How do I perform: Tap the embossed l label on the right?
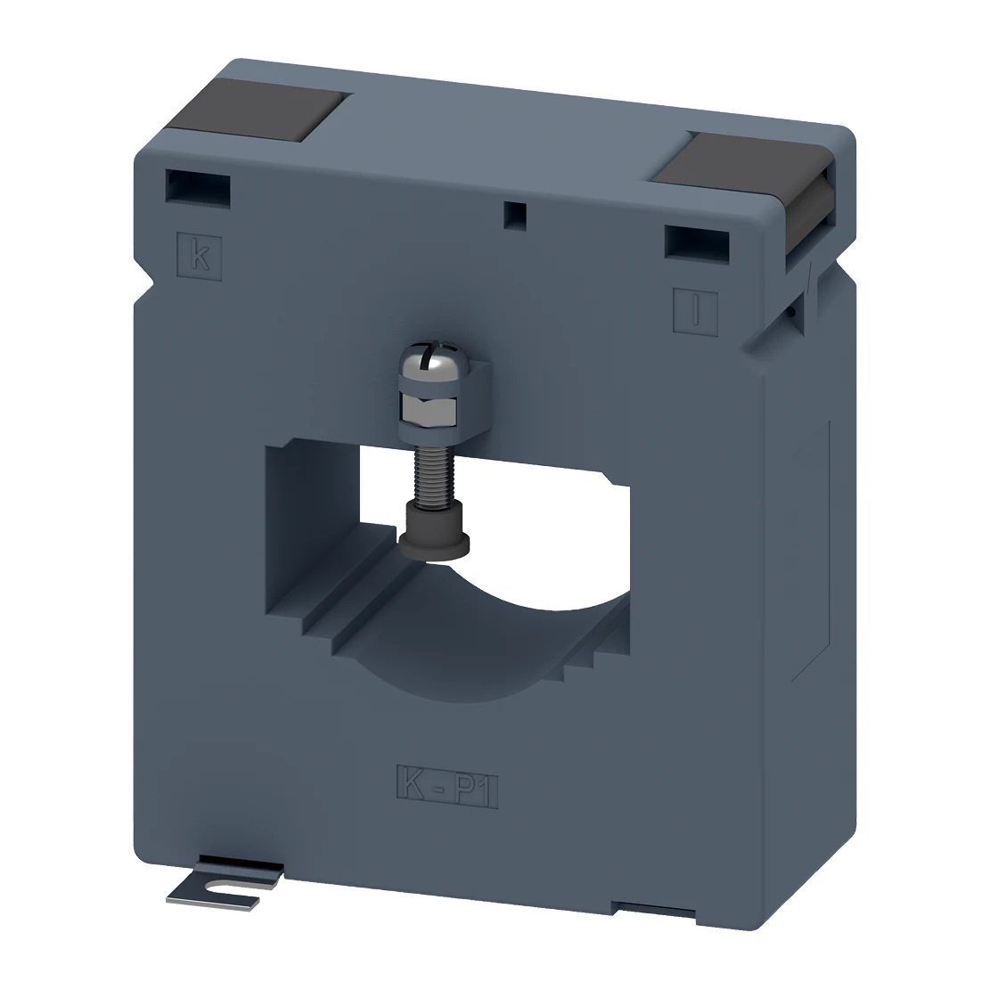695,308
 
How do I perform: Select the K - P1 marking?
447,785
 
